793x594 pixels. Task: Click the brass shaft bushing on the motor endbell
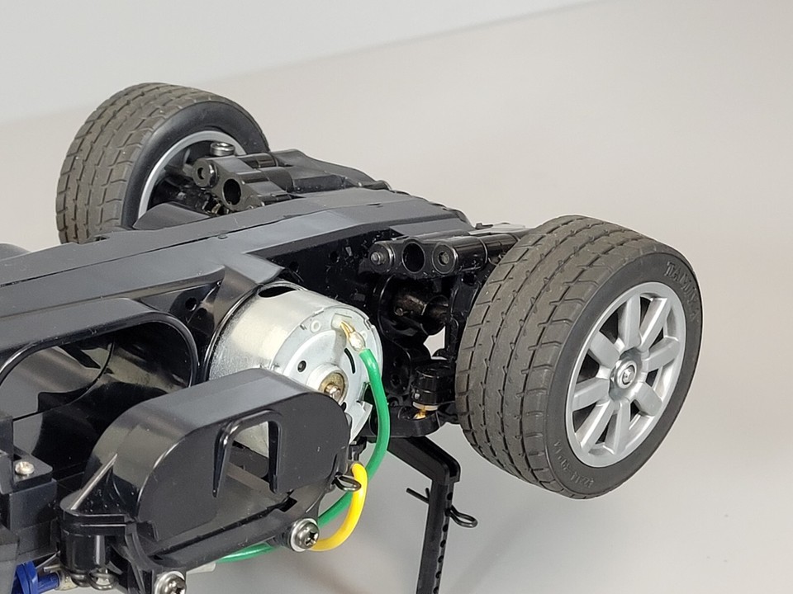click(334, 384)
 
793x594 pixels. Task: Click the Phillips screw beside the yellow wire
click(304, 535)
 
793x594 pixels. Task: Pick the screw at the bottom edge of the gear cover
click(169, 583)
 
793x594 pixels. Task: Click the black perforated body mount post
click(434, 520)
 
